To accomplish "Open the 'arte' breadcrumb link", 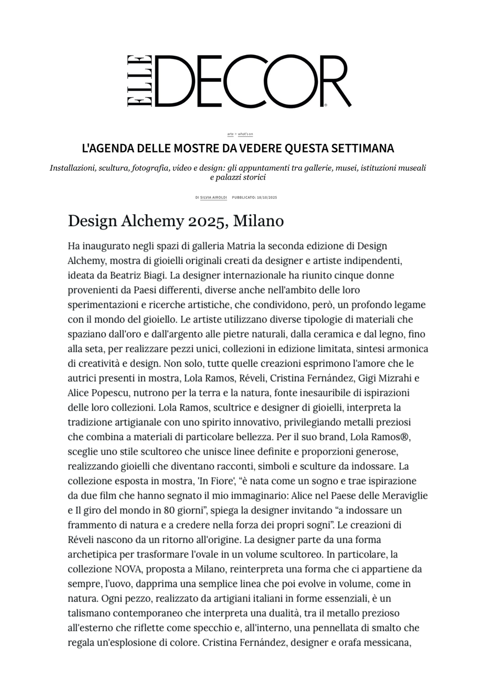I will click(230, 134).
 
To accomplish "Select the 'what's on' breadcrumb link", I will click(245, 134).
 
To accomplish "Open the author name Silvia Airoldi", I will click(213, 197).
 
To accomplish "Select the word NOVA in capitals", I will click(128, 569).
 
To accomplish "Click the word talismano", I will click(90, 613).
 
